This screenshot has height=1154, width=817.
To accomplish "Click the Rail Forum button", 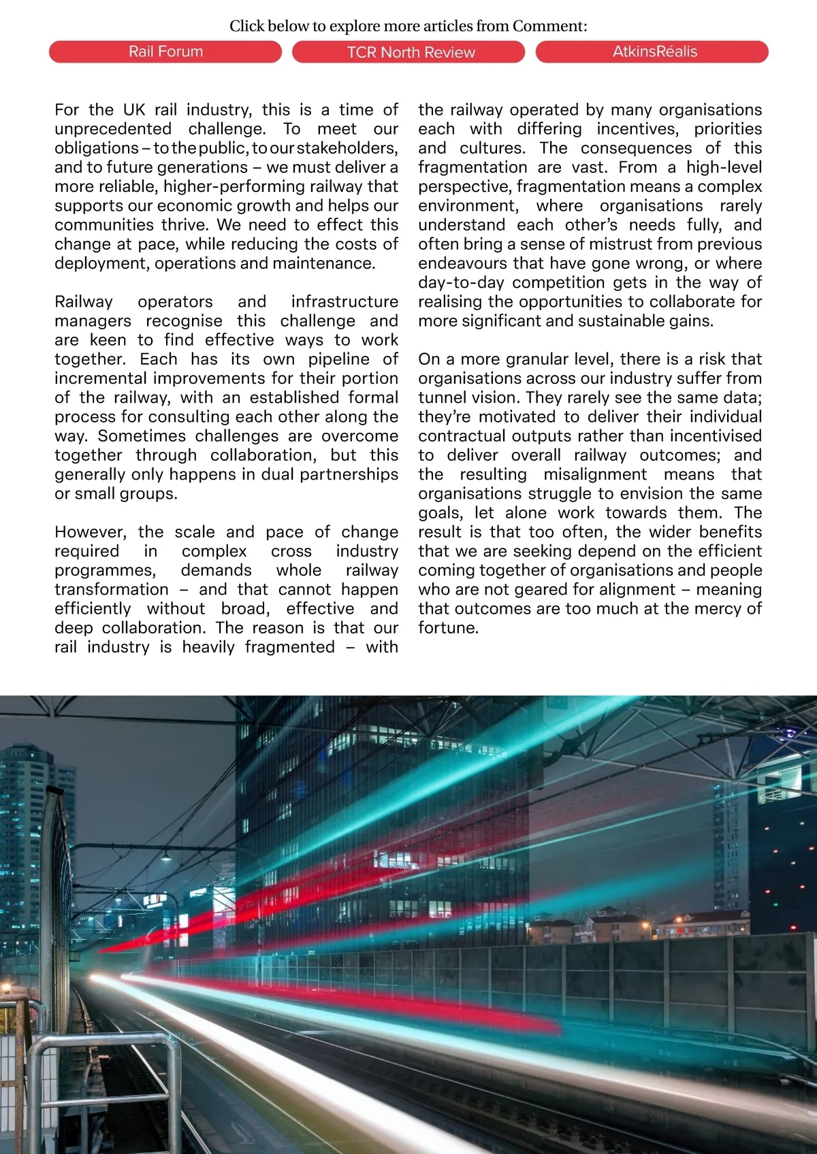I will coord(165,52).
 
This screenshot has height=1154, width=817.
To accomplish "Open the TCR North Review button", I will coord(408,52).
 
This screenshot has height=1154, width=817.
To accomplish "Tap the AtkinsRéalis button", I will coord(652,52).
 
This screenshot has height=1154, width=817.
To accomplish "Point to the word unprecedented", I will coord(112,129).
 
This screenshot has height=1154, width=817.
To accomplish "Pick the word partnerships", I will coord(349,474).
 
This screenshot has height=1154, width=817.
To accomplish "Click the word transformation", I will coord(112,589).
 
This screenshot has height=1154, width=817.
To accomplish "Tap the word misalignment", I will coord(594,474).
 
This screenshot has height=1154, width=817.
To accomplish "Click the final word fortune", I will coord(448,628).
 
